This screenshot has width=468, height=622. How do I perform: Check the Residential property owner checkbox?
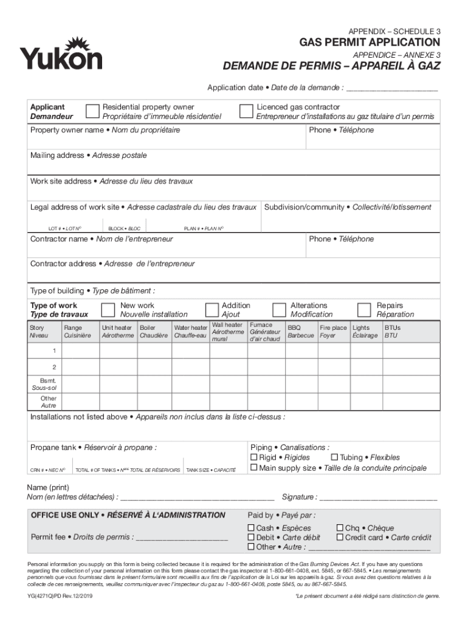point(92,111)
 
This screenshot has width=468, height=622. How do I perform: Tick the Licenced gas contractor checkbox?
point(246,111)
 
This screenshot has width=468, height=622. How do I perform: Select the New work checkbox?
point(108,310)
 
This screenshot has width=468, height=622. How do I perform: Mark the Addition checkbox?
point(212,310)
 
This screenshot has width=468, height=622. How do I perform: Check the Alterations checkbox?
point(279,310)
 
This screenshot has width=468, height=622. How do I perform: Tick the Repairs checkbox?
point(364,310)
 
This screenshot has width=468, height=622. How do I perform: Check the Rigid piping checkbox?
point(254,457)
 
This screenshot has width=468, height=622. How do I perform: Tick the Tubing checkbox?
point(334,457)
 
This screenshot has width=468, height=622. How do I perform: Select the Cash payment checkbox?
point(251,528)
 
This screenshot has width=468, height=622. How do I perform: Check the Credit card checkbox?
point(340,538)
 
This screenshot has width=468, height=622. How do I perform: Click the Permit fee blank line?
point(182,538)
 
